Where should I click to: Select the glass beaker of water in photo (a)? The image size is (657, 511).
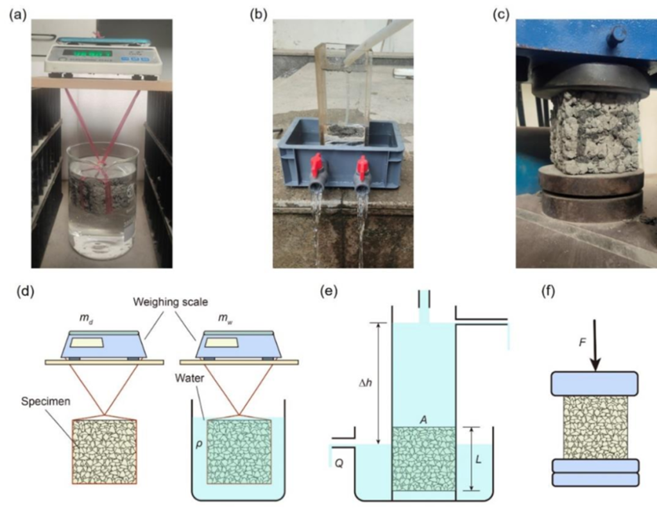pyautogui.click(x=102, y=199)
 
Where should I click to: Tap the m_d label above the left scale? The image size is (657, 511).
pyautogui.click(x=81, y=318)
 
